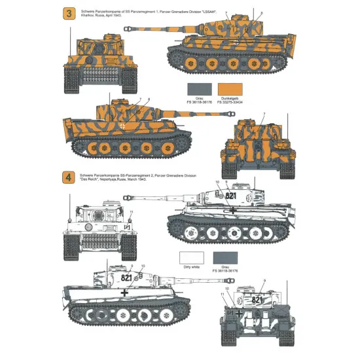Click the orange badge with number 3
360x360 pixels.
48,14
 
